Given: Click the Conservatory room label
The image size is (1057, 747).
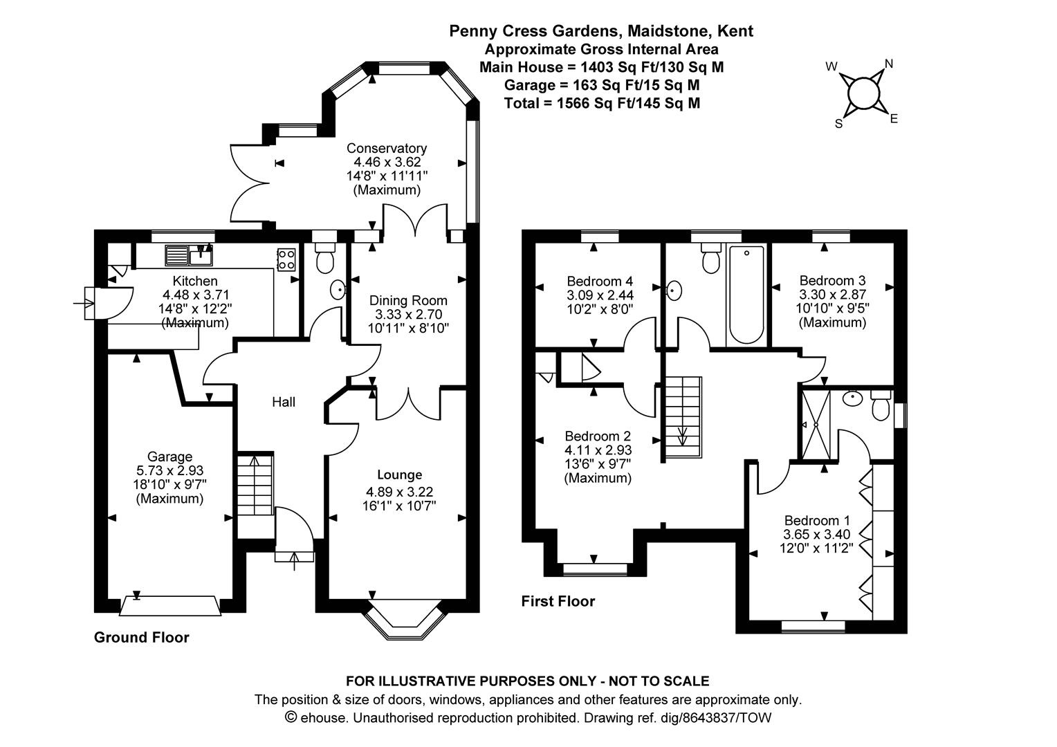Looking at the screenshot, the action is [387, 148].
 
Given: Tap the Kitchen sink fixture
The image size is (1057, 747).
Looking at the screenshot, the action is [189, 255].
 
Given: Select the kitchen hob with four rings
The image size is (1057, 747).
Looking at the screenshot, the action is [286, 259].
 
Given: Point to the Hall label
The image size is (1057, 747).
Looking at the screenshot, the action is [284, 402].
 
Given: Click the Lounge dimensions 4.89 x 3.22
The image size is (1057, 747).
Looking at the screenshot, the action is [399, 492].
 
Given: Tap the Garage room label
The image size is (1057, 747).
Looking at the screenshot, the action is [170, 456].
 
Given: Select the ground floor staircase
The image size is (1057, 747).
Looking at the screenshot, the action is [255, 485].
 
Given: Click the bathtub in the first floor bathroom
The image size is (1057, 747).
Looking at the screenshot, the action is [746, 295].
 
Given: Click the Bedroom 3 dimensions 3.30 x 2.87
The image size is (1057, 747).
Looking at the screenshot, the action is [832, 295].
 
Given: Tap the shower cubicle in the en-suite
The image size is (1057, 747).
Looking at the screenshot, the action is [816, 425].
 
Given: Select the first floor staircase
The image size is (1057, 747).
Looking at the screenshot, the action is [683, 416].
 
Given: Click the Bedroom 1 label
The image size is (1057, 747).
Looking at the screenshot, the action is [817, 521].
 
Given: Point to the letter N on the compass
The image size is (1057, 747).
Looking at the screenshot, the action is [888, 64].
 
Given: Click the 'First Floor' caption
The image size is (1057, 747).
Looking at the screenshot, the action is [558, 601].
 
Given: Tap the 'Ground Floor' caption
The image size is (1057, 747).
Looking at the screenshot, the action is [142, 638].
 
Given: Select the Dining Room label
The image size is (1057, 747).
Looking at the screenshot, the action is [408, 301].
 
